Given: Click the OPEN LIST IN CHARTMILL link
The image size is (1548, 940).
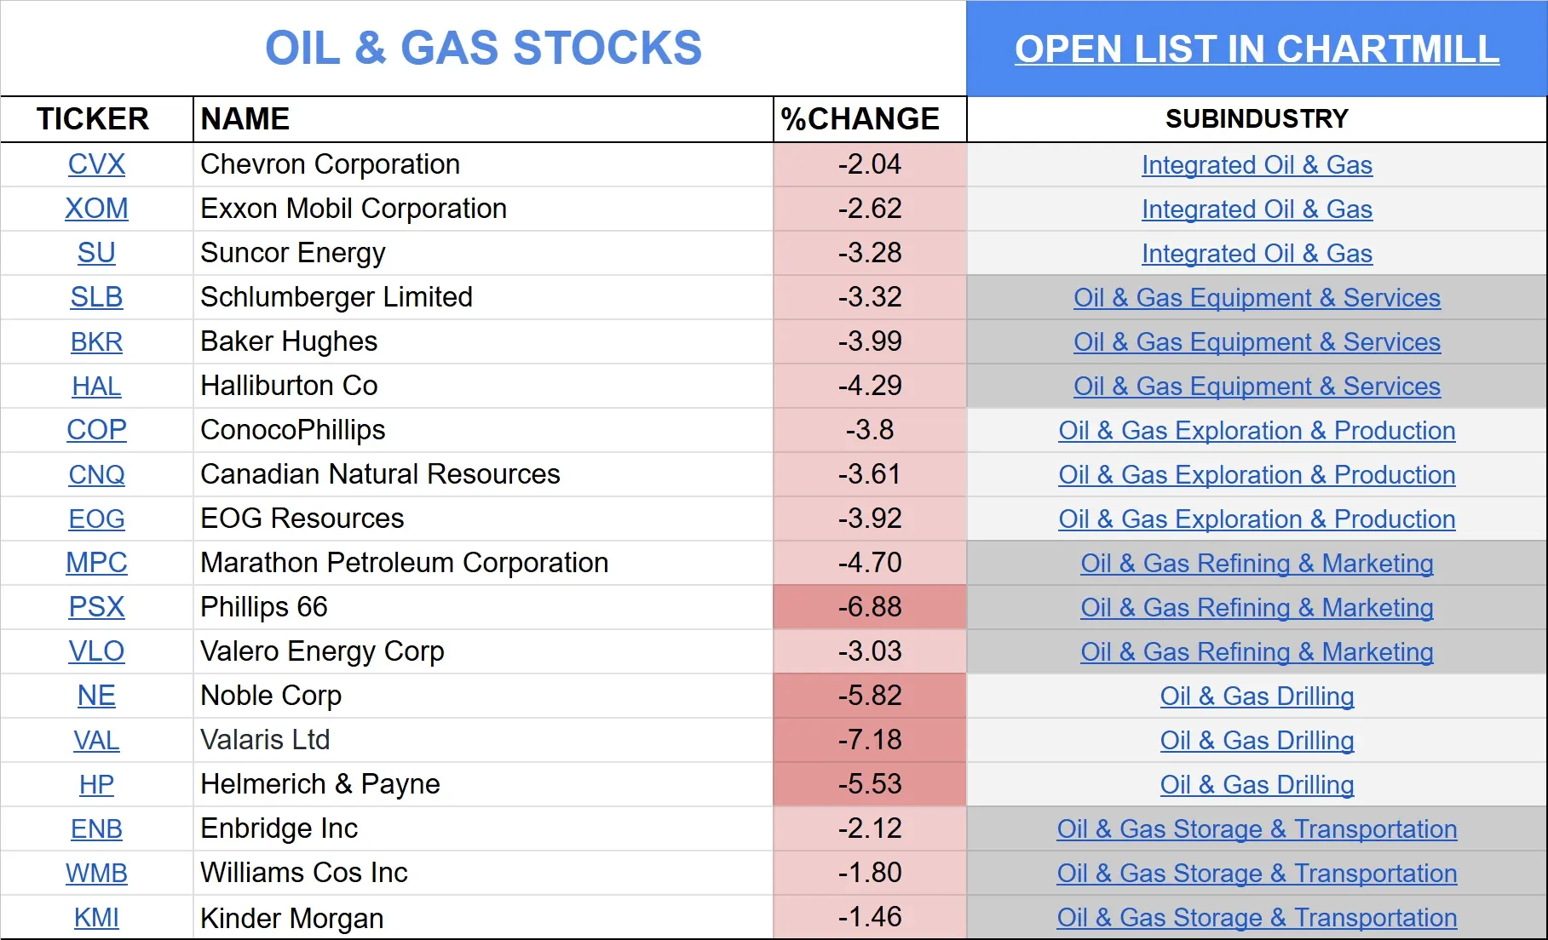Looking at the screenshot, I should point(1257,49).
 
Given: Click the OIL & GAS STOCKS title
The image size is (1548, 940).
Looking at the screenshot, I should point(483,49).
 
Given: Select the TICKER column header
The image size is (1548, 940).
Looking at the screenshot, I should point(93,119).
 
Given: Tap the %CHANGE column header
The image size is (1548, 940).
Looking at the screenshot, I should point(860,119).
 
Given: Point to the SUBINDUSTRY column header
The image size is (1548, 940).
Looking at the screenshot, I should point(1257,119).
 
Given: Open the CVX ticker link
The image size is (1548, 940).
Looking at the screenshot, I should point(96,164).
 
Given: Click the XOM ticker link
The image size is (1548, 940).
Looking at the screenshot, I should point(96,209).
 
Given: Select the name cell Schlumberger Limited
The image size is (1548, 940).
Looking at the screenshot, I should point(337,297).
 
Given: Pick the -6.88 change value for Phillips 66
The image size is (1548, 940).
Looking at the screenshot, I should point(870,607).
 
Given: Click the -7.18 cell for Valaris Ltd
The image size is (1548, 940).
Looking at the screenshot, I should point(870,740).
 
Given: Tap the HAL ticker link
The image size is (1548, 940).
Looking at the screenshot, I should point(96,387).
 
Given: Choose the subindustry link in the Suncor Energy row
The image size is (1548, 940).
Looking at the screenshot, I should point(1257,254).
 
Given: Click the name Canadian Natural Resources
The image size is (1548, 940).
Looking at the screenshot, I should point(380,474).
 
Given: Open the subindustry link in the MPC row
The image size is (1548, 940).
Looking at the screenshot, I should point(1257,564).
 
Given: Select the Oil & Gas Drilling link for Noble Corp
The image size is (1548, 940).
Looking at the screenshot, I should point(1257,696).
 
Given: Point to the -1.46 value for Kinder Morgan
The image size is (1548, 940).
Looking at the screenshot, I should point(870,917).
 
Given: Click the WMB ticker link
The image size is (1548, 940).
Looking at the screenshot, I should point(96,874).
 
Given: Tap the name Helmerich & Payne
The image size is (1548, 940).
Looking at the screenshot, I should point(320,784).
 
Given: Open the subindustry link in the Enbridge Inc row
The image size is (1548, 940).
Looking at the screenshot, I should point(1257,829).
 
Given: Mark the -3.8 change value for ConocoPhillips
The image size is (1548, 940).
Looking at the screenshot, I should point(870,430).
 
